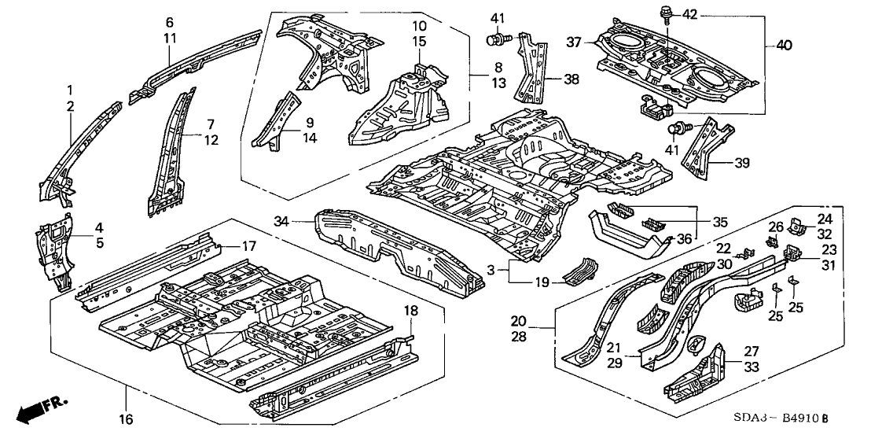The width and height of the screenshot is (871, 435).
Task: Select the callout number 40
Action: pyautogui.click(x=785, y=46)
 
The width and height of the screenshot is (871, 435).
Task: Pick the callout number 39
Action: pyautogui.click(x=741, y=163)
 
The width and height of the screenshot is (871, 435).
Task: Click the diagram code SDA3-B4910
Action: pyautogui.click(x=785, y=415)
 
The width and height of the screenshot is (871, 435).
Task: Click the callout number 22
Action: pyautogui.click(x=722, y=248)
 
